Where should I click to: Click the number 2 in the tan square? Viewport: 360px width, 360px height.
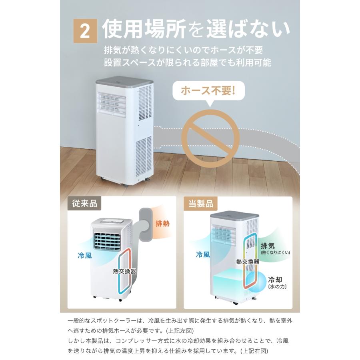click(85, 31)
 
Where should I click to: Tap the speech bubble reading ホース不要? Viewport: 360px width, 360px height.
click(208, 91)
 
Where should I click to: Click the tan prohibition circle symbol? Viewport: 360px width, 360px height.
click(210, 138)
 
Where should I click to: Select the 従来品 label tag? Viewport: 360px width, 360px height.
click(84, 204)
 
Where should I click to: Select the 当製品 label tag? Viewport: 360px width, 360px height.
click(201, 204)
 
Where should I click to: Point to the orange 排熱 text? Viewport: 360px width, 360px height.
click(162, 223)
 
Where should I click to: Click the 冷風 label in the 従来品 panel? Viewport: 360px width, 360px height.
click(85, 255)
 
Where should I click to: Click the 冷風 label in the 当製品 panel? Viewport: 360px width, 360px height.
click(203, 255)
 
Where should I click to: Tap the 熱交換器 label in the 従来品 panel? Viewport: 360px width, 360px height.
click(124, 271)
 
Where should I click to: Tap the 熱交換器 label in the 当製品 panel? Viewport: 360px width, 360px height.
click(248, 262)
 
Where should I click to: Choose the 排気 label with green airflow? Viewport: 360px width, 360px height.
click(268, 246)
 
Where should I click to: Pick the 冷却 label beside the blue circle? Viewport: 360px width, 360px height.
click(275, 280)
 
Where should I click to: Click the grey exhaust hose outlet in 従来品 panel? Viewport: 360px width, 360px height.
click(146, 224)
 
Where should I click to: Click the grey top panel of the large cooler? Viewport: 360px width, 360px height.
click(124, 82)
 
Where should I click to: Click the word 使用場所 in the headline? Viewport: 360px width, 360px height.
click(144, 29)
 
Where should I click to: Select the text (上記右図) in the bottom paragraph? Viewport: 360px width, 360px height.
click(254, 351)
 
